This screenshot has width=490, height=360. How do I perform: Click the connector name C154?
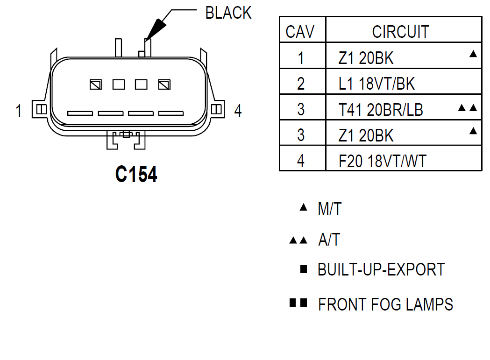pyautogui.click(x=136, y=174)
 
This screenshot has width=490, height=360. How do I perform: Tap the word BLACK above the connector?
pyautogui.click(x=228, y=13)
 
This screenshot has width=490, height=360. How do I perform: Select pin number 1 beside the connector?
pyautogui.click(x=19, y=111)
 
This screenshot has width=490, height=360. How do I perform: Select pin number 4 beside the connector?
pyautogui.click(x=238, y=111)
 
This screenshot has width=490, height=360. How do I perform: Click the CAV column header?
pyautogui.click(x=300, y=32)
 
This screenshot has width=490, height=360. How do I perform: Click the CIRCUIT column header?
pyautogui.click(x=400, y=32)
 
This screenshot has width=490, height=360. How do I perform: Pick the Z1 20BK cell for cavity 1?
pyautogui.click(x=366, y=58)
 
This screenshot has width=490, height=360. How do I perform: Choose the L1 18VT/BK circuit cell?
pyautogui.click(x=376, y=84)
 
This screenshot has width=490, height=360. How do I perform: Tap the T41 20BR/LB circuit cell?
pyautogui.click(x=381, y=109)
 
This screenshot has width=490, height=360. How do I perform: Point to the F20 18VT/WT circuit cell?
pyautogui.click(x=383, y=161)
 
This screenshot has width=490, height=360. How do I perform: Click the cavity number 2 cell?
pyautogui.click(x=301, y=84)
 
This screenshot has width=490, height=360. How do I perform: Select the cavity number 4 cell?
pyautogui.click(x=301, y=161)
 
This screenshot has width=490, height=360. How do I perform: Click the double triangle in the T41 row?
pyautogui.click(x=468, y=108)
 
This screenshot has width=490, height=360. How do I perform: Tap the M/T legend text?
pyautogui.click(x=330, y=209)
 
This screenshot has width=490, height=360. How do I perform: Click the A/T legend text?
pyautogui.click(x=329, y=240)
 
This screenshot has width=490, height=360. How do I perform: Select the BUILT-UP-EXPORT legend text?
pyautogui.click(x=381, y=270)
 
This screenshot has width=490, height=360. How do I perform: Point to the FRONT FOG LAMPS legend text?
pyautogui.click(x=385, y=304)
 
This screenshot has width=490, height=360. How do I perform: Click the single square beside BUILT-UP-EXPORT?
pyautogui.click(x=304, y=269)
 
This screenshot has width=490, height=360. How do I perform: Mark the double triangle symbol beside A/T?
pyautogui.click(x=298, y=240)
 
